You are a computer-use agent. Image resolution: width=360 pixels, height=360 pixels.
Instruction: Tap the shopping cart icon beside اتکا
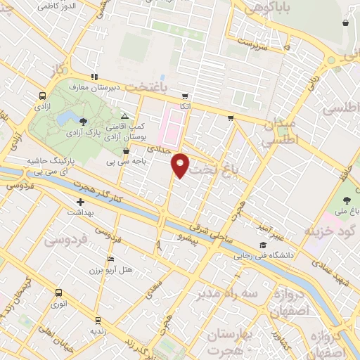tap(184, 96)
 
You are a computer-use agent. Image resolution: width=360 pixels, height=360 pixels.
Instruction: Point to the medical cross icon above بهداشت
tap(80, 202)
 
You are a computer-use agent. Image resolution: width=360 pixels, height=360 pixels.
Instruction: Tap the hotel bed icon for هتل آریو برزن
tap(110, 258)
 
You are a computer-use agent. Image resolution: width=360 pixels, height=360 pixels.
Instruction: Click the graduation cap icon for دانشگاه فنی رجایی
tap(262, 245)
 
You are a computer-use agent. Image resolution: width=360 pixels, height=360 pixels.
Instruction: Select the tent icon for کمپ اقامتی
tap(124, 116)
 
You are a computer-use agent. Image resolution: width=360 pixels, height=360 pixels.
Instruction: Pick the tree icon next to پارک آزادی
tap(84, 122)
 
